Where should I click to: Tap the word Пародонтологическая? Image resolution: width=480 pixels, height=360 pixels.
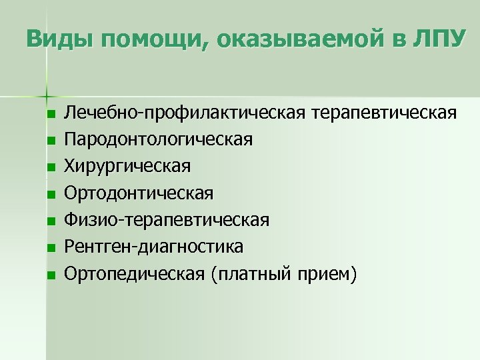pos(158,140)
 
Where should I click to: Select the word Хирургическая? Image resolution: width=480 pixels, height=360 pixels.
pos(127,167)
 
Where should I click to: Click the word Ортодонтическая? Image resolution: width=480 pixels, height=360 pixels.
pos(139,193)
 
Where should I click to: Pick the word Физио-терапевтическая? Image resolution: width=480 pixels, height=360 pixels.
pos(167,220)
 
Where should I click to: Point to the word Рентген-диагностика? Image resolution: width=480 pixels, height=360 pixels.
pos(153,247)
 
